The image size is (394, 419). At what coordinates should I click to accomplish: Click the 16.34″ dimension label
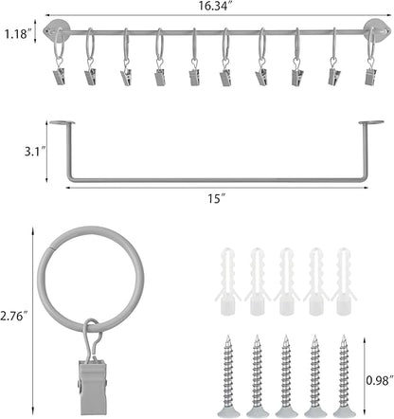(x=213, y=6)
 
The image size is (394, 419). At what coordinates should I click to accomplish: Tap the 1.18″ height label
(x=18, y=33)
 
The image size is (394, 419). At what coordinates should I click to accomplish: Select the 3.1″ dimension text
(x=35, y=152)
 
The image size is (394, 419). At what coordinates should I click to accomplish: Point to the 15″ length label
(x=216, y=199)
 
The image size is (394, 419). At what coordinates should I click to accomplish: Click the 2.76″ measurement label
(x=14, y=316)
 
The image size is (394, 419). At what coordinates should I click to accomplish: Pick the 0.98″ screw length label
(x=380, y=380)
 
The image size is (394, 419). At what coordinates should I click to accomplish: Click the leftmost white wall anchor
(x=227, y=282)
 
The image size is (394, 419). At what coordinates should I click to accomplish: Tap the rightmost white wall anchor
(x=344, y=282)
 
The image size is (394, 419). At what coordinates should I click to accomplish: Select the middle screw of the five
(x=286, y=375)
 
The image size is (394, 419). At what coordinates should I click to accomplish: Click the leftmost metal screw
(x=228, y=375)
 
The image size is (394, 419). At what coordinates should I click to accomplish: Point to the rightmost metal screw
(x=344, y=375)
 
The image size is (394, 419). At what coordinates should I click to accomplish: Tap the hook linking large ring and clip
(x=92, y=339)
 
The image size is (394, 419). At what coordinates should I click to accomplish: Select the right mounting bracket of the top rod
(x=375, y=30)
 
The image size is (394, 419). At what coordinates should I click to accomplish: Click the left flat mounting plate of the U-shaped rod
(x=63, y=122)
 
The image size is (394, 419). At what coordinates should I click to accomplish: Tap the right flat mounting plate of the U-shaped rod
(x=371, y=122)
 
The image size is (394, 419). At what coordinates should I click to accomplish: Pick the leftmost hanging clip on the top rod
(x=60, y=76)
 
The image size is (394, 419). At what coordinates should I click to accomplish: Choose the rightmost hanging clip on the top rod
(x=370, y=76)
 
